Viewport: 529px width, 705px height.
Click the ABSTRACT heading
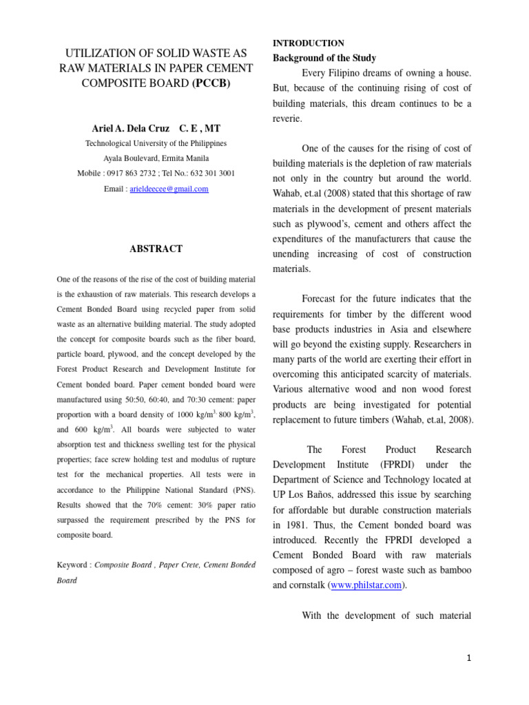(156, 249)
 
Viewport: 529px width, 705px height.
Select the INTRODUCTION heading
(309, 43)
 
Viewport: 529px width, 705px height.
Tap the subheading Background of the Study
(324, 58)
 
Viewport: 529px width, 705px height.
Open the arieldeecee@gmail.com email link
(169, 189)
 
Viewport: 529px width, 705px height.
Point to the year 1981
(288, 525)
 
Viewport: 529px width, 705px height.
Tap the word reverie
(290, 118)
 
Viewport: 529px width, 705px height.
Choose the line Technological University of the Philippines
(156, 144)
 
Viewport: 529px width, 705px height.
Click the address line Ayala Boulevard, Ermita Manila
(156, 158)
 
